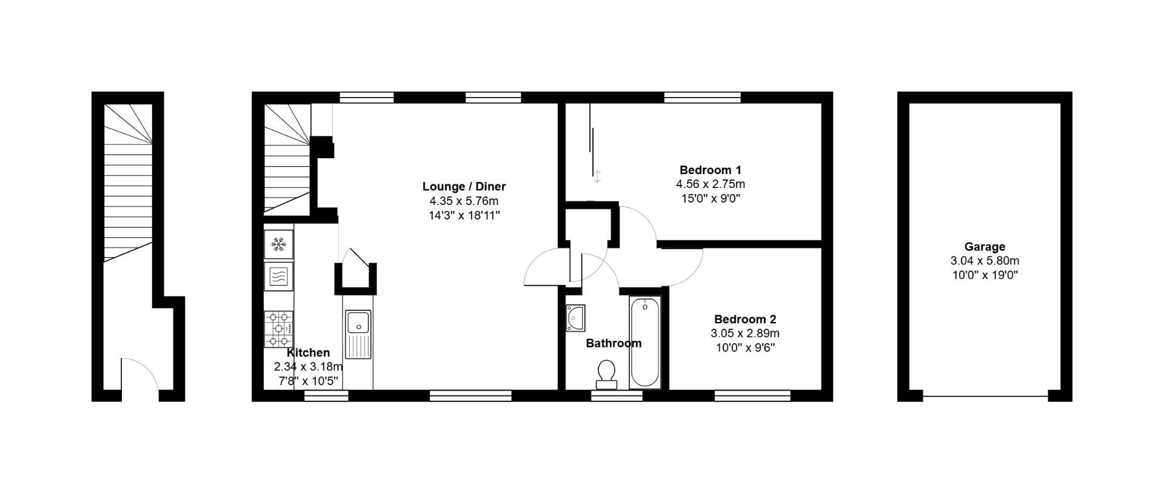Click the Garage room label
pos(985,247)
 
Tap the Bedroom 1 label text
pos(710,170)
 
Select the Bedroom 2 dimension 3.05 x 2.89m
pos(745,334)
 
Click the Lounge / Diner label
pos(464,186)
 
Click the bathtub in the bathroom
pos(644,343)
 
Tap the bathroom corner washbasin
pos(575,318)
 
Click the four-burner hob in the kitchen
pos(279,329)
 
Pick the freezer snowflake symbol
pos(279,244)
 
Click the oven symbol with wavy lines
pos(279,277)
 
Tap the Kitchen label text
pos(308,353)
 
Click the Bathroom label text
pos(614,343)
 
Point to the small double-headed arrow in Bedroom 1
pos(597,176)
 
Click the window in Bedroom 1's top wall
pos(702,97)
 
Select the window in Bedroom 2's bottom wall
pos(752,396)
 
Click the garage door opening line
pos(985,397)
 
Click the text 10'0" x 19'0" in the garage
pos(985,275)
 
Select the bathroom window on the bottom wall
pos(617,396)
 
